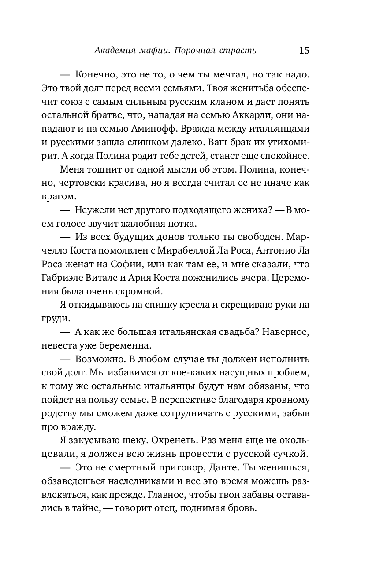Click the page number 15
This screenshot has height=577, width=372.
tap(304, 50)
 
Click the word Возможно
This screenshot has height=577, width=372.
tap(97, 360)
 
